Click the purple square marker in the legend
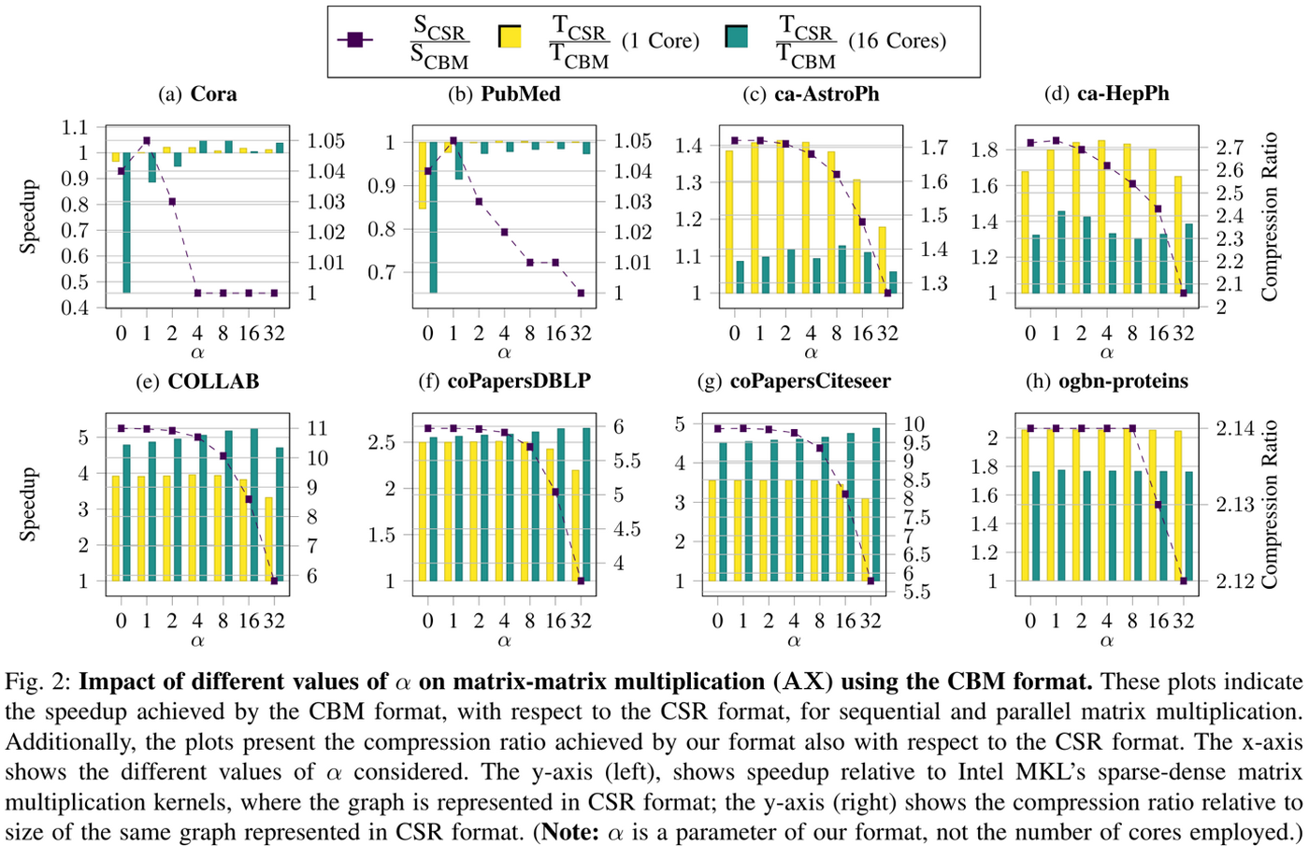(354, 40)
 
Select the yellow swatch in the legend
(510, 37)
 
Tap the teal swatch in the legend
(736, 37)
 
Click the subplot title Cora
(213, 93)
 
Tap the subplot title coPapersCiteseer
(811, 381)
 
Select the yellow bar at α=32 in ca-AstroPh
(882, 260)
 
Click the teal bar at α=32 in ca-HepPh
(1187, 258)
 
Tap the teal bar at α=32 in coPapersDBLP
(586, 505)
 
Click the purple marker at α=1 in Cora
(147, 141)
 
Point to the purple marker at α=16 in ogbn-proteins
(1158, 505)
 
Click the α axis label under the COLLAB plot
(197, 641)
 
